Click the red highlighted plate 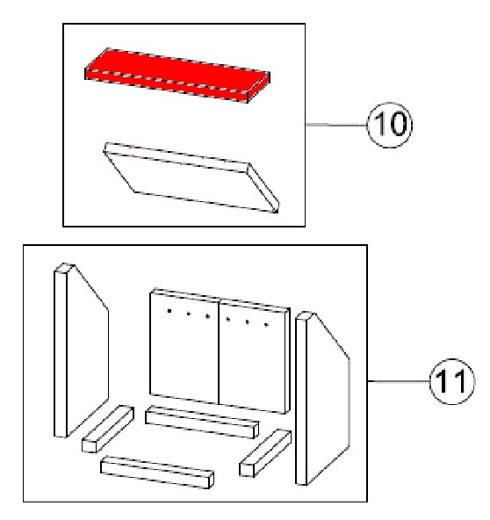177,76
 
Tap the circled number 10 390,125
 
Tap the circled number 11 452,381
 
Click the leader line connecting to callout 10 336,125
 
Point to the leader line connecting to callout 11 398,381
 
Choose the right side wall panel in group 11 321,398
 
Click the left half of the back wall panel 184,347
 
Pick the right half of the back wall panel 254,357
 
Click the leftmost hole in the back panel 169,311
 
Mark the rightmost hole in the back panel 266,325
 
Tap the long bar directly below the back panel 202,422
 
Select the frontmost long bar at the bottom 157,473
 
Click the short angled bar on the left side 108,429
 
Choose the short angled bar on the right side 265,453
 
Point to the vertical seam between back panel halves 219,351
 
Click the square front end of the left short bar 90,446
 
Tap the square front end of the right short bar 247,471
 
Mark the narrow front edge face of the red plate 167,86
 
